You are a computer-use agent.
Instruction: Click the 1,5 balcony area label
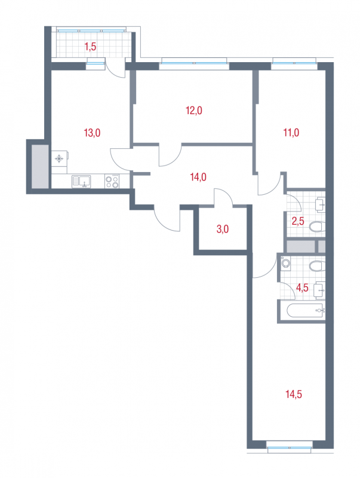(x=90, y=47)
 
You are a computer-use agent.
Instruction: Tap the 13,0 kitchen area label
(x=92, y=133)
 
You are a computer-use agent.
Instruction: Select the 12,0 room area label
(x=194, y=111)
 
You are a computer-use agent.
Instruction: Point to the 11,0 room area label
(x=291, y=133)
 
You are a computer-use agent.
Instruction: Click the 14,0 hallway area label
(x=198, y=177)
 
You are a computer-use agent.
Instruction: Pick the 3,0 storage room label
(x=223, y=229)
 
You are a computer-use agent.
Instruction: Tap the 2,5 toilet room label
(x=298, y=221)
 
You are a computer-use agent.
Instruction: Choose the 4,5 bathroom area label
(x=302, y=287)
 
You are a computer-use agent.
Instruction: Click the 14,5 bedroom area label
(x=294, y=394)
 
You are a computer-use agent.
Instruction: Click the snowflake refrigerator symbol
(x=59, y=158)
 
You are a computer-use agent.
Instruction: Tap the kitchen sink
(x=81, y=182)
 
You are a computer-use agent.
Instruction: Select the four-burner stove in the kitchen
(x=112, y=182)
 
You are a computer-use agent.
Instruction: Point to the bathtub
(x=305, y=311)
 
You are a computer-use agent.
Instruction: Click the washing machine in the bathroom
(x=285, y=263)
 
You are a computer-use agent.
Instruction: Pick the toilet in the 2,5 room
(x=316, y=227)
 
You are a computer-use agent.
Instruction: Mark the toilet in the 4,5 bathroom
(x=316, y=266)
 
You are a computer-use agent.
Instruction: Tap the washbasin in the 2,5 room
(x=320, y=205)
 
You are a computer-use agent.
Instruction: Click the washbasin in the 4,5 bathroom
(x=319, y=291)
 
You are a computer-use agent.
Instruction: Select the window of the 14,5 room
(x=290, y=448)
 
